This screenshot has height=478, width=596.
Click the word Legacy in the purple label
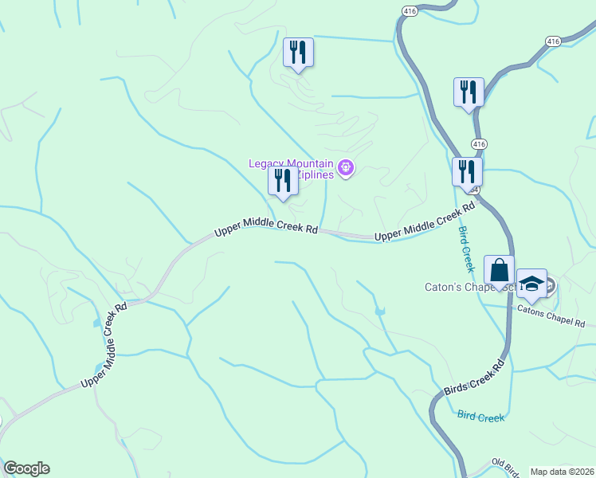click(x=267, y=163)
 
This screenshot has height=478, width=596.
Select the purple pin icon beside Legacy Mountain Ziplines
click(x=346, y=167)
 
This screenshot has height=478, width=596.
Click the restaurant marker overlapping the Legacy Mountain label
click(x=283, y=181)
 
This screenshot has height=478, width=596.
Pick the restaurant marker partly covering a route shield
click(x=466, y=171)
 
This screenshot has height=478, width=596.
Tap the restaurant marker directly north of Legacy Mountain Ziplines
click(x=299, y=53)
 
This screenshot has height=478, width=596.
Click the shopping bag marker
click(x=499, y=269)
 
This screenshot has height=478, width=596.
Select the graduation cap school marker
click(x=531, y=284)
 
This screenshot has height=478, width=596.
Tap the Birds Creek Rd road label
click(x=475, y=375)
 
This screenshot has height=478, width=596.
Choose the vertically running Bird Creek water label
click(x=465, y=249)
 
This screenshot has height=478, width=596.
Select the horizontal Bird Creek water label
click(x=480, y=416)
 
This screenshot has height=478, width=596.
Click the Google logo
click(x=26, y=468)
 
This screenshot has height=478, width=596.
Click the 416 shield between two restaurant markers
click(x=478, y=143)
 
